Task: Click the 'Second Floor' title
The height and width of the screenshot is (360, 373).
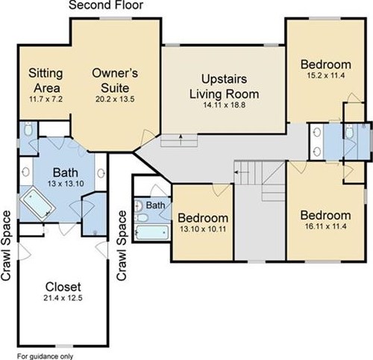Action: click(x=106, y=5)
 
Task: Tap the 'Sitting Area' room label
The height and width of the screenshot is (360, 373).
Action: click(x=46, y=81)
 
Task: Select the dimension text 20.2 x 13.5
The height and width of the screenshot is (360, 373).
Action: click(x=115, y=99)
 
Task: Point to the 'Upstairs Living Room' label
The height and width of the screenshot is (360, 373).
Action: click(x=225, y=87)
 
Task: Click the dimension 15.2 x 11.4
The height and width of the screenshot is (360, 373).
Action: click(x=326, y=75)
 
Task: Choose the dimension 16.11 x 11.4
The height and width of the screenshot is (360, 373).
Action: click(x=326, y=226)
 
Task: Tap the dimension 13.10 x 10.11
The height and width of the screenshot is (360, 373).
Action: click(x=203, y=229)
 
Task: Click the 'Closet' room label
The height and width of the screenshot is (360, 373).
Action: click(x=63, y=287)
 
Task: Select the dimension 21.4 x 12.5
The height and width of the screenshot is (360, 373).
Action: click(x=63, y=298)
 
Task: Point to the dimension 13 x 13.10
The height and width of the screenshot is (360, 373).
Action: click(x=66, y=184)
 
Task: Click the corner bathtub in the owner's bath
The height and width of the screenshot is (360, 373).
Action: click(x=37, y=204)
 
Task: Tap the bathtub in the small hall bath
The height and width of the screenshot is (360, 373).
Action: click(x=152, y=232)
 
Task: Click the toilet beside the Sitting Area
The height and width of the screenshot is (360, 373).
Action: click(x=28, y=128)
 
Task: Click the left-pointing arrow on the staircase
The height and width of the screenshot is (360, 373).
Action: click(x=242, y=172)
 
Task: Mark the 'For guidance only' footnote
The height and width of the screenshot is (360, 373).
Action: click(x=45, y=356)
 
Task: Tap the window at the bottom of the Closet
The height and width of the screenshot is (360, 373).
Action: click(x=64, y=346)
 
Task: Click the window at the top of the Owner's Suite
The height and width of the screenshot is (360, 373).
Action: click(x=116, y=19)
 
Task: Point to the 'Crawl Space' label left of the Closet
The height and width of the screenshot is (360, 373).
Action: click(x=6, y=246)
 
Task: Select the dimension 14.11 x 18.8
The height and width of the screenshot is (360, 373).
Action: click(x=225, y=105)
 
